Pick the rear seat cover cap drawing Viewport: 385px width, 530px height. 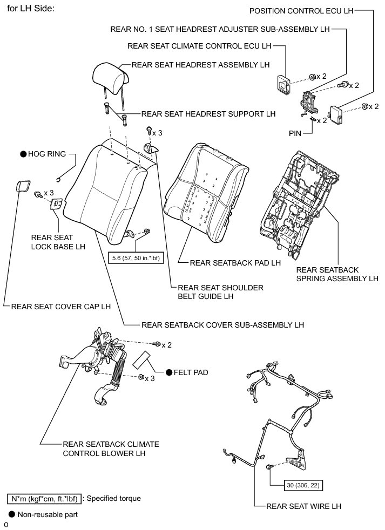[24, 187]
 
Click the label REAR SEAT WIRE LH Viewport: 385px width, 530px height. [304, 506]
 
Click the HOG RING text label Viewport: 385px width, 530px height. [47, 154]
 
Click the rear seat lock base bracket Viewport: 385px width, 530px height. [57, 203]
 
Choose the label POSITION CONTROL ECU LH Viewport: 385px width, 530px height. [305, 11]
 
